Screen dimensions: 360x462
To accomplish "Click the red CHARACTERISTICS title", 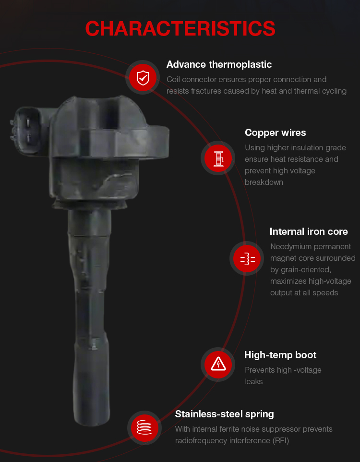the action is [180, 29].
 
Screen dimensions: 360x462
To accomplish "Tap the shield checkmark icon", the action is [143, 78].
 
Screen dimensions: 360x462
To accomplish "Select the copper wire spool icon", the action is [218, 158].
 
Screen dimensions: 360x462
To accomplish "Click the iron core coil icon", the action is [247, 259].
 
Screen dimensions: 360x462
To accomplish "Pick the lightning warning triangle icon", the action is [218, 364].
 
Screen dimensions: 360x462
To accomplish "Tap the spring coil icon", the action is [144, 427].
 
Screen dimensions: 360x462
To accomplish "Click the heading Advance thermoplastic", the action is [219, 64].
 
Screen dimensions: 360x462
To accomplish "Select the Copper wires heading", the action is [275, 133].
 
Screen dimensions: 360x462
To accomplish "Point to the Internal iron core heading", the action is [309, 231].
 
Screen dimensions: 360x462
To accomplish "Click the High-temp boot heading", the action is [280, 355].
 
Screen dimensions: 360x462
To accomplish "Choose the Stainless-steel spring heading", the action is [224, 414].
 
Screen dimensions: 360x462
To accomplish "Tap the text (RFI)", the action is [281, 440].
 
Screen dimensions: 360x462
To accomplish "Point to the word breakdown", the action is [264, 182].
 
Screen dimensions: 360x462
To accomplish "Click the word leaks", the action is [253, 382].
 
